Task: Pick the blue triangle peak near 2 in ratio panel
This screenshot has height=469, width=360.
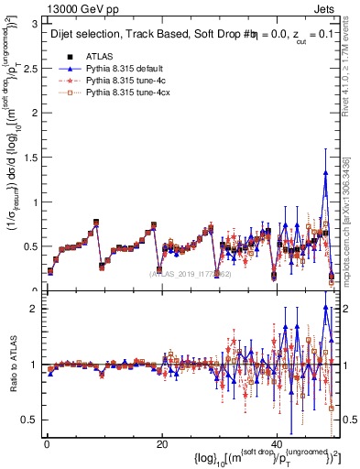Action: pyautogui.click(x=325, y=307)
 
